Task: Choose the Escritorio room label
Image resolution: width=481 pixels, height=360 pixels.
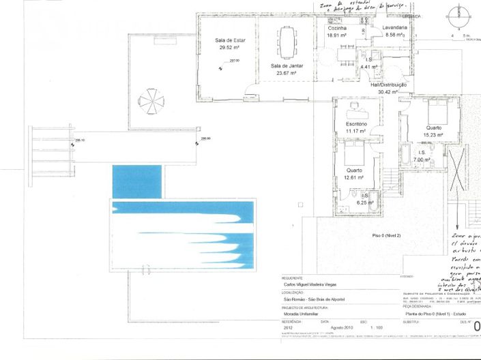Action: point(357,123)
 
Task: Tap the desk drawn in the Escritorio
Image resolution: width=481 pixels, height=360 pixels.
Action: point(357,110)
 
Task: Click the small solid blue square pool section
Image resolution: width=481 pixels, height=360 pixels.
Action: point(136,181)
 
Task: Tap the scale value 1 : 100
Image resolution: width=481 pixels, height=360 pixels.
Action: point(376,328)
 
